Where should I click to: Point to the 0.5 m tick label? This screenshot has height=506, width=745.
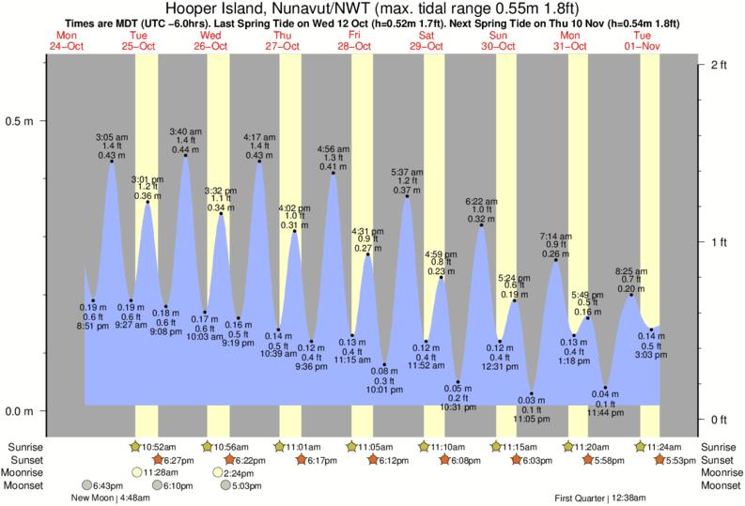(21, 121)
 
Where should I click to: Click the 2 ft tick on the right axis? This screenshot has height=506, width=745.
(719, 64)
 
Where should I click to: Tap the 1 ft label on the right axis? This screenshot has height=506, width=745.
(719, 242)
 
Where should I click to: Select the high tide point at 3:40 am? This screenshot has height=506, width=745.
(186, 156)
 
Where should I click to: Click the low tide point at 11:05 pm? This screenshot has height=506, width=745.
(532, 393)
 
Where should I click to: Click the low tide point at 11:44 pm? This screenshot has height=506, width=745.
(606, 387)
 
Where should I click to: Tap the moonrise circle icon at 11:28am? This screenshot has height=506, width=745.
(137, 472)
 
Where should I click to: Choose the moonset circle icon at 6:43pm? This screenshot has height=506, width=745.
(86, 485)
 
